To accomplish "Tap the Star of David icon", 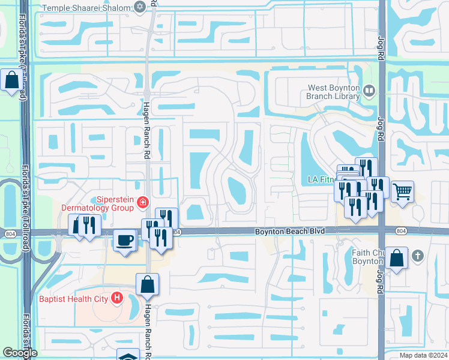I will click(x=140, y=7).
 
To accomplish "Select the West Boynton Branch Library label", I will click(x=333, y=92).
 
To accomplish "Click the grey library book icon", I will click(x=369, y=91).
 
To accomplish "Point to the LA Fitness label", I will click(x=321, y=179).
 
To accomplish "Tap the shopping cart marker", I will click(x=402, y=192).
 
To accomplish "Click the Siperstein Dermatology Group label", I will click(x=98, y=203).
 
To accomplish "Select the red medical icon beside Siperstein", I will click(x=143, y=203).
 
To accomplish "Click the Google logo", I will click(x=20, y=353).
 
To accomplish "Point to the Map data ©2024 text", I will click(x=423, y=355).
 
